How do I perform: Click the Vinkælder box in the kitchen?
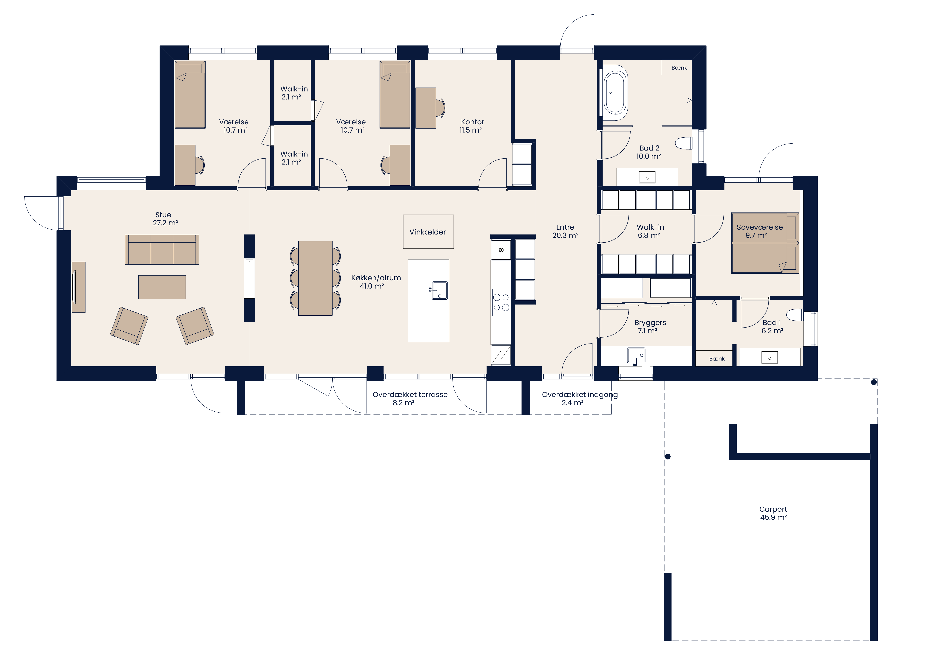tap(428, 232)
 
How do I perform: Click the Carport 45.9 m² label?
tap(773, 513)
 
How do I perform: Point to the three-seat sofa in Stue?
tap(162, 250)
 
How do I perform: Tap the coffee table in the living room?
tap(162, 287)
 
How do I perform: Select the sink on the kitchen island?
tap(439, 290)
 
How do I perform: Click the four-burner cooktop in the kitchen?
tap(501, 302)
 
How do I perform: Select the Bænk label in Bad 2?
tap(679, 68)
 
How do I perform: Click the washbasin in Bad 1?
tap(770, 358)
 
